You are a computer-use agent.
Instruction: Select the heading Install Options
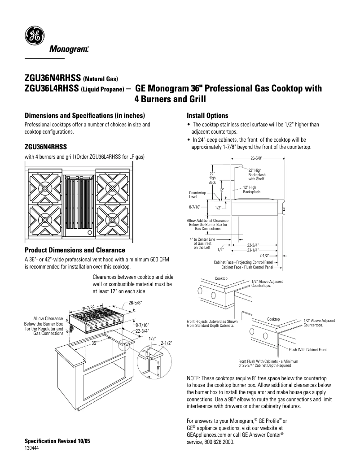207,115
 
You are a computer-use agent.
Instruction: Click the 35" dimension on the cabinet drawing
95,343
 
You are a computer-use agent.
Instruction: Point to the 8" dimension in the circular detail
158,368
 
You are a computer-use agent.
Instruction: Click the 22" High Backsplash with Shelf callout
257,174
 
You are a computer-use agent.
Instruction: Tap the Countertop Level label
197,195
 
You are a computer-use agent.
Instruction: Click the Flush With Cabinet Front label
307,349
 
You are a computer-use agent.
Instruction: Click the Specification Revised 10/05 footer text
57,441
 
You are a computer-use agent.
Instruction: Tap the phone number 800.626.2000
218,441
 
